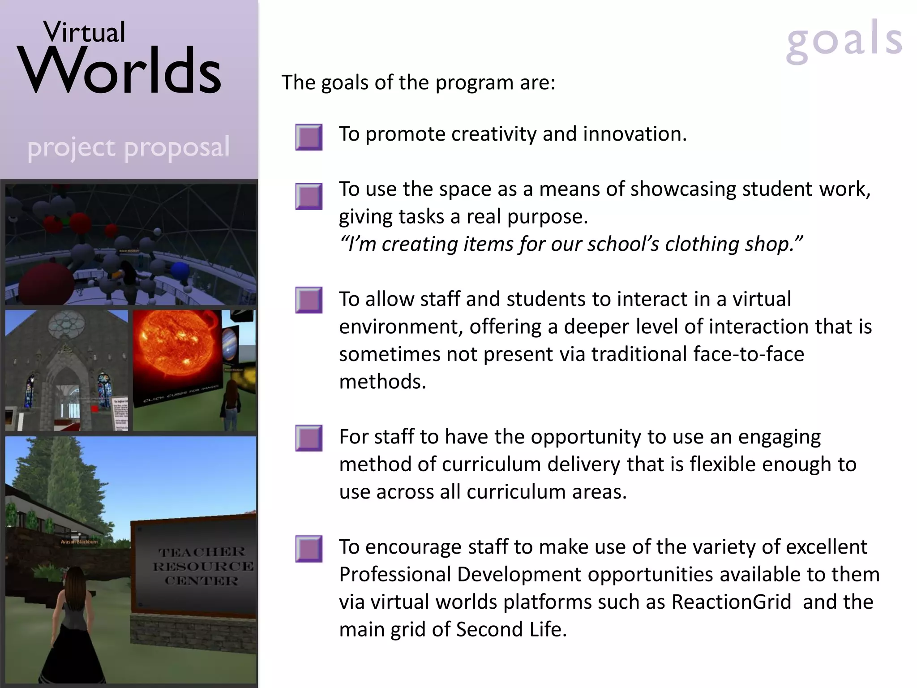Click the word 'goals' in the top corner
(x=844, y=41)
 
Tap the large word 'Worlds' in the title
(x=120, y=72)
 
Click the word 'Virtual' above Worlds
(x=84, y=32)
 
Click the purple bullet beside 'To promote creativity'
(x=309, y=137)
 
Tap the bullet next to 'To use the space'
(x=309, y=196)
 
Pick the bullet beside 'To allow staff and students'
(x=309, y=300)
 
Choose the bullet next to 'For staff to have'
(x=309, y=438)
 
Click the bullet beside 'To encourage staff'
(x=309, y=549)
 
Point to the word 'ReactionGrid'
(x=731, y=602)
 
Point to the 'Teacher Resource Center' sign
(x=201, y=567)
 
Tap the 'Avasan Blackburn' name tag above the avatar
(x=79, y=542)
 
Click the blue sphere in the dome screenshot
(x=180, y=270)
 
